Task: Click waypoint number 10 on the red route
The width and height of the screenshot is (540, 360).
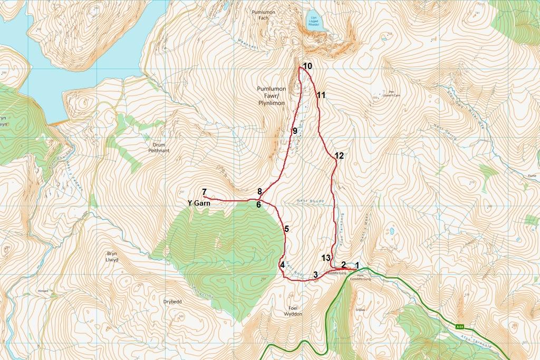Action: tap(307, 66)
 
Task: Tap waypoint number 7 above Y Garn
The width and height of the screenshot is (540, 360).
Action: tap(204, 191)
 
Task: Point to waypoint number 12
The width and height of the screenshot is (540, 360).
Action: tap(339, 155)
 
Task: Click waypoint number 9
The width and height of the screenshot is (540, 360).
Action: tap(295, 130)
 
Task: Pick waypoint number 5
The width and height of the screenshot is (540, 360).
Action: tap(286, 229)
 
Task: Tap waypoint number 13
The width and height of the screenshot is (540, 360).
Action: tap(326, 257)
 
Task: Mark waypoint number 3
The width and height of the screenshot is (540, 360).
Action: tap(315, 275)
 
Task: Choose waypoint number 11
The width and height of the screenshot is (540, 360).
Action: tap(321, 95)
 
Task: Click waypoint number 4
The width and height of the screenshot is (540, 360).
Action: tap(282, 265)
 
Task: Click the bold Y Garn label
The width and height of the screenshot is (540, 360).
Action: tap(198, 202)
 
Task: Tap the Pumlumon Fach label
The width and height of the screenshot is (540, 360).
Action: tap(260, 14)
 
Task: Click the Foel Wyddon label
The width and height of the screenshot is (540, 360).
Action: tap(293, 310)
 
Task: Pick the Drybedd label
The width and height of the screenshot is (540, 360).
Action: tap(172, 301)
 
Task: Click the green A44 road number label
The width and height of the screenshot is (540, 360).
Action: tap(460, 327)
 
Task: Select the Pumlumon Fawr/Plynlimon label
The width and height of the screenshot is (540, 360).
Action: tap(272, 96)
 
